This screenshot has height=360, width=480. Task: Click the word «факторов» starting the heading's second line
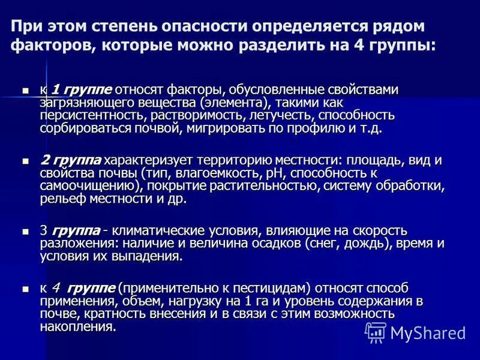tap(48, 46)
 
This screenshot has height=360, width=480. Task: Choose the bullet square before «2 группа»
tap(25, 161)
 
